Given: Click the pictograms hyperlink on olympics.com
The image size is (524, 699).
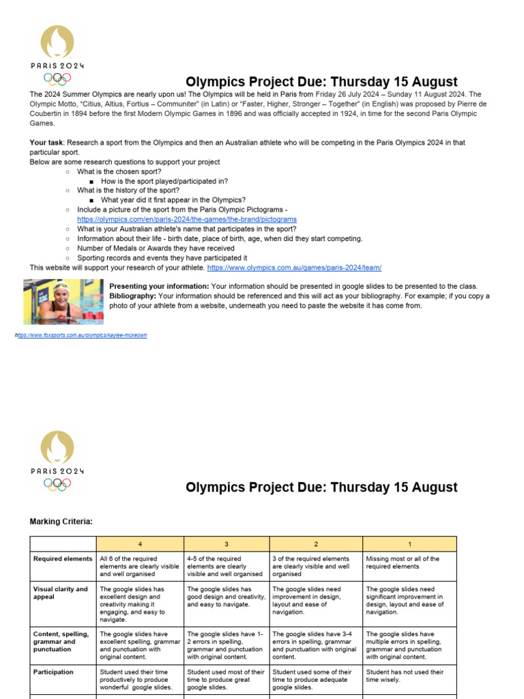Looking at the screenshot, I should pyautogui.click(x=186, y=219).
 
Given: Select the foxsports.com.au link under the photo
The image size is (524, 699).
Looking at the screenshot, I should pyautogui.click(x=82, y=335).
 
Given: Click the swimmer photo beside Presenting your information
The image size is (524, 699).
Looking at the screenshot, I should pyautogui.click(x=63, y=301).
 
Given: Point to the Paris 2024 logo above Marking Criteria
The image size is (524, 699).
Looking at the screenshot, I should pyautogui.click(x=57, y=460).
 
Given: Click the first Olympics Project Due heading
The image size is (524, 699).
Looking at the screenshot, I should pyautogui.click(x=321, y=83).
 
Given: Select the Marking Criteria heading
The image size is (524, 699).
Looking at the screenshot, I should pyautogui.click(x=61, y=522).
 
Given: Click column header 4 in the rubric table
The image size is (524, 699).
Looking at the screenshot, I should pyautogui.click(x=140, y=544).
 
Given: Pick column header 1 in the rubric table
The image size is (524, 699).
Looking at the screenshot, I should pyautogui.click(x=409, y=544).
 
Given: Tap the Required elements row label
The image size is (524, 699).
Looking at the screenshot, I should pyautogui.click(x=63, y=558).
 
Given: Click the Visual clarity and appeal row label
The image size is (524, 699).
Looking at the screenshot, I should pyautogui.click(x=60, y=593).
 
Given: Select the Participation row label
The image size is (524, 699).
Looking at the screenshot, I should pyautogui.click(x=54, y=672).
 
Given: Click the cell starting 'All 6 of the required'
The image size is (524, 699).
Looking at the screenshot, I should pyautogui.click(x=140, y=566).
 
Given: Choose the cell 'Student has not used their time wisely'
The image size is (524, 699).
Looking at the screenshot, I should pyautogui.click(x=405, y=676).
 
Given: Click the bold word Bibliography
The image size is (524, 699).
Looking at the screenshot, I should pyautogui.click(x=132, y=296).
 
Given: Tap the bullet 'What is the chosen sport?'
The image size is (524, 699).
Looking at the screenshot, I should pyautogui.click(x=120, y=171).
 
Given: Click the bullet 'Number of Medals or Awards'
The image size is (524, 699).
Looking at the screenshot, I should pyautogui.click(x=155, y=248).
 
